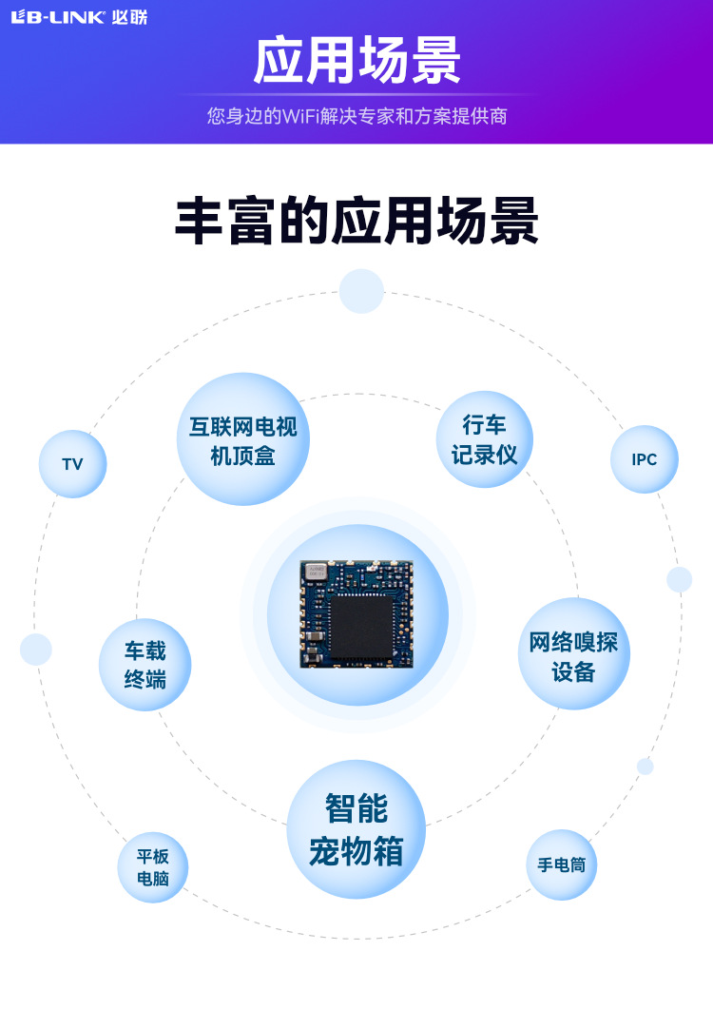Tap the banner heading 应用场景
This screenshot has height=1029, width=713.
(x=356, y=61)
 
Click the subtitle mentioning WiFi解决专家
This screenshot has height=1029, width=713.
(x=356, y=116)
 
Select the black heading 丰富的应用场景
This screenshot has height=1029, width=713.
(x=356, y=222)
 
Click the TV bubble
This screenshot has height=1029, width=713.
(x=72, y=464)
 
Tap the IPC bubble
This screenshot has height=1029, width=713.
(x=645, y=459)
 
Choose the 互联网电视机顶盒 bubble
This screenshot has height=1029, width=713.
(x=243, y=439)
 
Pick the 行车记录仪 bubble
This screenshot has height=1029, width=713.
(x=484, y=439)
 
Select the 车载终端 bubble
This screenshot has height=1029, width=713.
(x=145, y=665)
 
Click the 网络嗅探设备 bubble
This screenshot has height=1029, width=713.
(x=573, y=654)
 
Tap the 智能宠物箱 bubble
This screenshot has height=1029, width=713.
(x=356, y=829)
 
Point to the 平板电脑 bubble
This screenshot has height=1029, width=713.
(x=153, y=867)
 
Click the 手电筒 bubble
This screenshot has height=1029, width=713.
(x=561, y=865)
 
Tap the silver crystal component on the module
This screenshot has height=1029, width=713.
(x=315, y=572)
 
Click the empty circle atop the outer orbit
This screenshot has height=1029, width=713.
(x=361, y=291)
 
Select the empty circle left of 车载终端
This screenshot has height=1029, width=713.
(x=36, y=650)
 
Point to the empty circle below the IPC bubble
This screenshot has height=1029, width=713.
(x=679, y=579)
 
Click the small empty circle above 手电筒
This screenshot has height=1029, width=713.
(x=646, y=766)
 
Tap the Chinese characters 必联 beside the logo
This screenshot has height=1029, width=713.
(x=129, y=17)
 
